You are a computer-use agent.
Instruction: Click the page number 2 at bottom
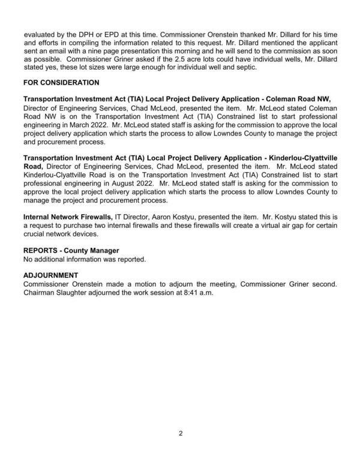(180, 434)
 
